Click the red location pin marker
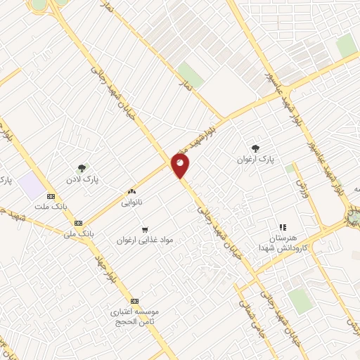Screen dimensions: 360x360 (x=180, y=165)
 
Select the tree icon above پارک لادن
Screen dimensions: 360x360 (x=82, y=168)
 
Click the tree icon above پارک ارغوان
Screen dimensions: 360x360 (x=255, y=148)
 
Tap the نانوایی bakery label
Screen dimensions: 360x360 (x=131, y=202)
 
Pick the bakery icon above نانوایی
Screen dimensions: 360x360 (x=131, y=191)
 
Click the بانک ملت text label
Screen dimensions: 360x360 (x=51, y=207)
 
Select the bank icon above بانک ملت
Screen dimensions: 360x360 (x=51, y=197)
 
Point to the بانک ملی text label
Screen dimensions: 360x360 (x=79, y=231)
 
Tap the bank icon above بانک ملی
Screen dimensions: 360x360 (x=77, y=222)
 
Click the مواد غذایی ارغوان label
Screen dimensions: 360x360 (x=146, y=240)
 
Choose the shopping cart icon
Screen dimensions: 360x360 (x=145, y=229)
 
